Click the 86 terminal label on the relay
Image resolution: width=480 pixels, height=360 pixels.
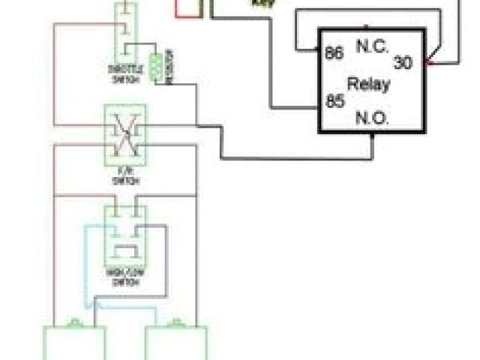[x=334, y=54]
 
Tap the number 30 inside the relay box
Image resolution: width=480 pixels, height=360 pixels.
[x=403, y=64]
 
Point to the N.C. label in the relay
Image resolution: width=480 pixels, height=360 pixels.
[x=373, y=45]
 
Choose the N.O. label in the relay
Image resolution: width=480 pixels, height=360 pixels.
[x=373, y=118]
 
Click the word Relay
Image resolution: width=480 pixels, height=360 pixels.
[x=368, y=83]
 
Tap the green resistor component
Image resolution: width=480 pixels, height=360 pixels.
[x=157, y=66]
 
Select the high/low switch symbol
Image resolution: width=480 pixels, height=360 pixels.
[x=124, y=232]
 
